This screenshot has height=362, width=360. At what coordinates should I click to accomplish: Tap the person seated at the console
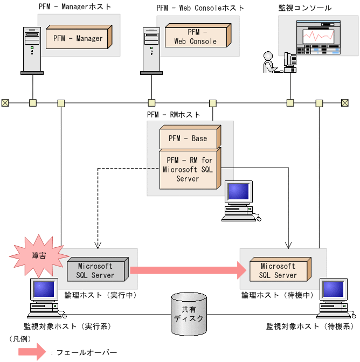(269, 62)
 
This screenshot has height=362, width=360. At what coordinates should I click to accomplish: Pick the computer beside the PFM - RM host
(240, 200)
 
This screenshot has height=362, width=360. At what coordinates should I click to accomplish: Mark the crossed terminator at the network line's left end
(5, 102)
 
